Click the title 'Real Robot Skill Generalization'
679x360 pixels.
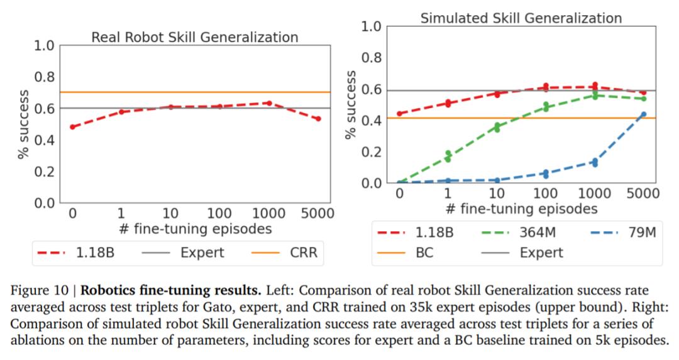pyautogui.click(x=194, y=37)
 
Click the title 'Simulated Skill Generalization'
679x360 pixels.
pyautogui.click(x=521, y=18)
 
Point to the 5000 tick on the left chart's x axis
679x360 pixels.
pyautogui.click(x=318, y=214)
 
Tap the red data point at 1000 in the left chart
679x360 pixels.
pyautogui.click(x=268, y=103)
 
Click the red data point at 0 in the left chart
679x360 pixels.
pyautogui.click(x=72, y=127)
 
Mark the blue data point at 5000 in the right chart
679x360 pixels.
pyautogui.click(x=643, y=114)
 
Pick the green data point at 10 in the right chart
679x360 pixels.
pyautogui.click(x=497, y=128)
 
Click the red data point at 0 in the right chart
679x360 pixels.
pyautogui.click(x=399, y=114)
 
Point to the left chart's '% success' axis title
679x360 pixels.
pyautogui.click(x=24, y=124)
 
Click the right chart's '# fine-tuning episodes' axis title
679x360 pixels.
pyautogui.click(x=521, y=208)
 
